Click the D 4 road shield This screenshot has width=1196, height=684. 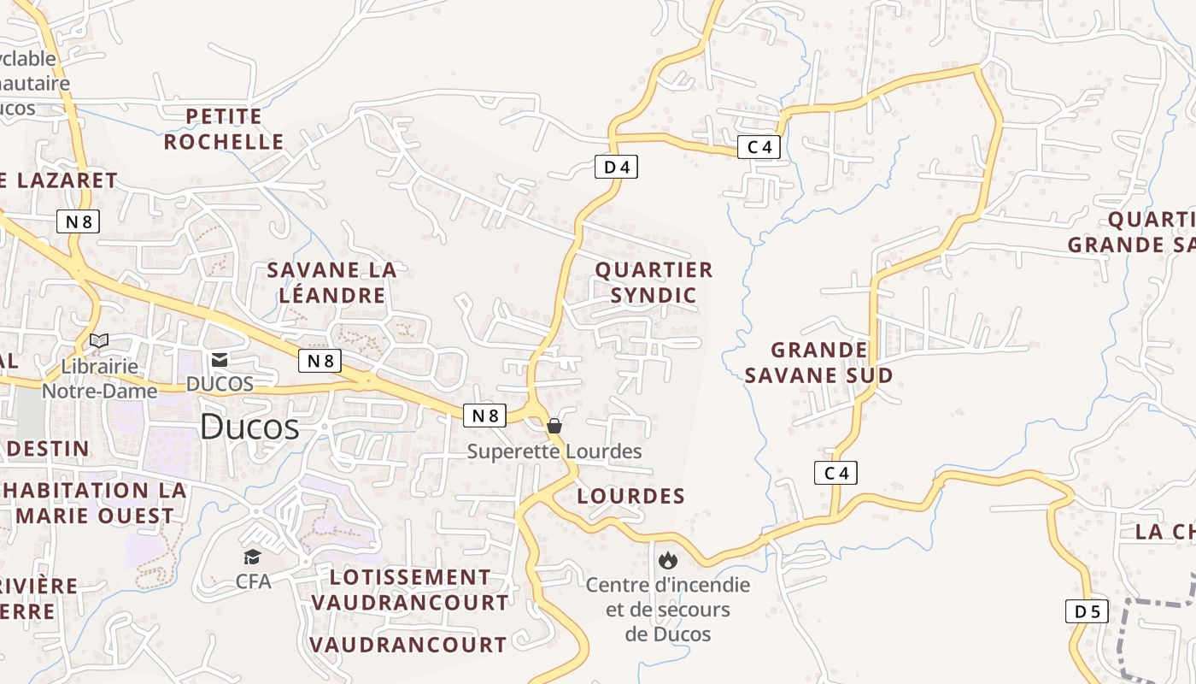point(616,167)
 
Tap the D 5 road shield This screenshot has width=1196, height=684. point(1087,611)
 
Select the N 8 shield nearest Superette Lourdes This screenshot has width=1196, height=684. point(484,416)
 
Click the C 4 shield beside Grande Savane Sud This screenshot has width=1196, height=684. point(835,473)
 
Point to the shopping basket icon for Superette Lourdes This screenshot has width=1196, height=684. point(554,425)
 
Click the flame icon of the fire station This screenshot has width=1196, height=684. point(667,560)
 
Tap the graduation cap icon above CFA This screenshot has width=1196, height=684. point(252,557)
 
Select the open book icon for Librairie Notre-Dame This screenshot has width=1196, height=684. point(99,340)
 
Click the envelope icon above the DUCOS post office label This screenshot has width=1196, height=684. point(220,360)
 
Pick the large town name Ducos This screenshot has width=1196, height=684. point(249,427)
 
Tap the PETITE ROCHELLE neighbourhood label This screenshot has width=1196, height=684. point(224,129)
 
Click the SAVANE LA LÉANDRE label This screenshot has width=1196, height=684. point(331,283)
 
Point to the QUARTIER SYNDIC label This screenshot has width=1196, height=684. point(654,283)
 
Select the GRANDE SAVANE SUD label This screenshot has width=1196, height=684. point(819,363)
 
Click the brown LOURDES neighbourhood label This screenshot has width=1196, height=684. point(631,496)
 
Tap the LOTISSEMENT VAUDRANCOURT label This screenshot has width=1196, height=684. point(409,590)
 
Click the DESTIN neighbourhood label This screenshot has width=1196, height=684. point(48,449)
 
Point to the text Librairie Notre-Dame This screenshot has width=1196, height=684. point(100,379)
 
